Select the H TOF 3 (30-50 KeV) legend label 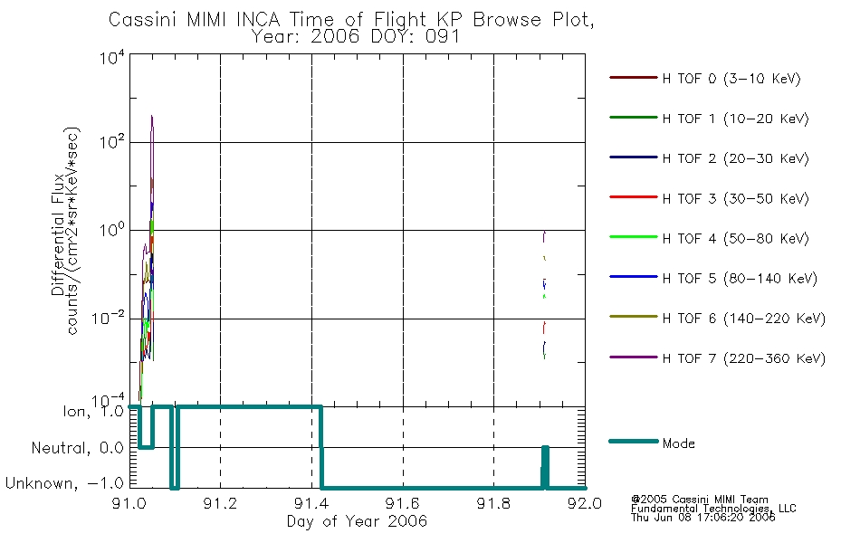coord(735,198)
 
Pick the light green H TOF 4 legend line coord(633,237)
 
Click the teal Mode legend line coord(633,441)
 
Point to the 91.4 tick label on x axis coord(311,503)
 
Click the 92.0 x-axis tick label coord(585,503)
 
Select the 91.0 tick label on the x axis coord(129,503)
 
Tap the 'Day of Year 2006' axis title coord(357,521)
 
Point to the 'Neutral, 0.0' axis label coord(77,449)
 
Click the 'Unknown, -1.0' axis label coord(64,484)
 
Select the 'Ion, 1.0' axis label coord(93,412)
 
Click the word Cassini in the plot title coord(144,20)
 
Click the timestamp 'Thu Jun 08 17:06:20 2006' coord(702,518)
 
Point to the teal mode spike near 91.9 coord(545,467)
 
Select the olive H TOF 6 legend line coord(633,317)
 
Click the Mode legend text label coord(678,443)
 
